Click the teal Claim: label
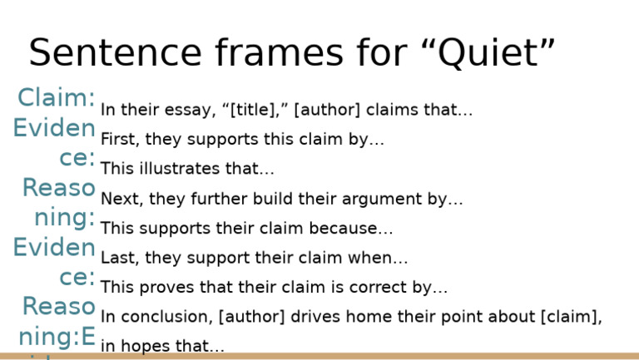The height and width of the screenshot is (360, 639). [57, 98]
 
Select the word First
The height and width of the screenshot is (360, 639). [116, 140]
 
